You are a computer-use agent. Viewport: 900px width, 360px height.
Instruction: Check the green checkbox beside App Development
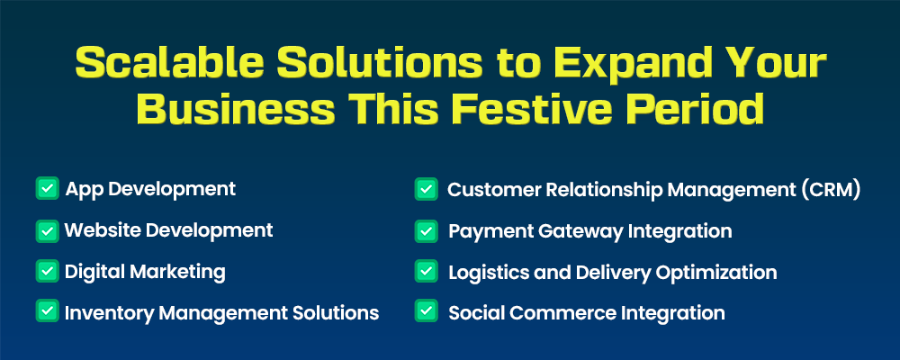tap(47, 188)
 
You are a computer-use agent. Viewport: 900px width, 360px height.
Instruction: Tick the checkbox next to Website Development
tap(47, 230)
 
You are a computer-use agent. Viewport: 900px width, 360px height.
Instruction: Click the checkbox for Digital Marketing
tap(47, 271)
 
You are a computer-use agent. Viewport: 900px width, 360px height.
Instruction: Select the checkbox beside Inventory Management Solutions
tap(47, 310)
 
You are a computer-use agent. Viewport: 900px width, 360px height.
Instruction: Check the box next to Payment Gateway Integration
tap(426, 230)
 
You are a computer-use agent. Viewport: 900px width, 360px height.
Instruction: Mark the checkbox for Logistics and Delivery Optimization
tap(426, 271)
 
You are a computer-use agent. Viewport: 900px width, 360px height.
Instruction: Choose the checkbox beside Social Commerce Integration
tap(426, 310)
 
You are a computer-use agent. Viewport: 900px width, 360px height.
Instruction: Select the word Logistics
tap(488, 273)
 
